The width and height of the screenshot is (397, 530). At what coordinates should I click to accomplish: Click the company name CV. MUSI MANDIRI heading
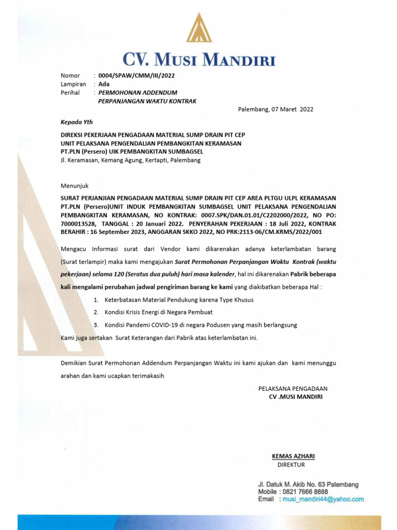point(199,59)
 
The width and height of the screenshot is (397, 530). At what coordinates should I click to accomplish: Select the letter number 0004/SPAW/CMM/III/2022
point(136,76)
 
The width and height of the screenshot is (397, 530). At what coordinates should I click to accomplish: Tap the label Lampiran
point(73,84)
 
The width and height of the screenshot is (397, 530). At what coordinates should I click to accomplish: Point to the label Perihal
point(70,93)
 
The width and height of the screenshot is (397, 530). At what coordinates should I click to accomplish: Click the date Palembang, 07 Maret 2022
point(276,109)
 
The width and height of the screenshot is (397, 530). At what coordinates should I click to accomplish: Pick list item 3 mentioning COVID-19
point(201,325)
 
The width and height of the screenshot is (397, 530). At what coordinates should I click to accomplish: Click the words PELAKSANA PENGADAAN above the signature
point(293,388)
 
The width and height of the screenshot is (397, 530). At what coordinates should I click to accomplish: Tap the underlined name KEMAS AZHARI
point(293,456)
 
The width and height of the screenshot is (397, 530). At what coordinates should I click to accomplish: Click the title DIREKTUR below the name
point(291,465)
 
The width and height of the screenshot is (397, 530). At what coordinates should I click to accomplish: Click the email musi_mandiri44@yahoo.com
point(323,499)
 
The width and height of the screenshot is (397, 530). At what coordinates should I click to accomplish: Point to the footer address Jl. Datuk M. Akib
point(308,484)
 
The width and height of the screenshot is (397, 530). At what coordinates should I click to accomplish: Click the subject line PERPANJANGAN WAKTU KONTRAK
point(147,101)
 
